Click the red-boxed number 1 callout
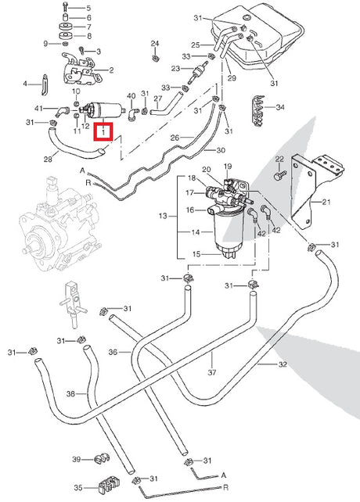103,131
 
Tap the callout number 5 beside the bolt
88,8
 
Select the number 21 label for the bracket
326,202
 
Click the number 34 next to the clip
280,107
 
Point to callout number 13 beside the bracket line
163,216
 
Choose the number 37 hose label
212,372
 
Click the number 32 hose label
283,364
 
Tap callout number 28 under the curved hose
48,159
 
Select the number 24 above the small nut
155,43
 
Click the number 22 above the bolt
279,159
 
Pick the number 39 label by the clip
76,460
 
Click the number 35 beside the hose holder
78,488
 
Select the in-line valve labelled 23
197,73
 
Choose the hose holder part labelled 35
108,484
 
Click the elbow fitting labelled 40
133,114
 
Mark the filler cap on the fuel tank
247,16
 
